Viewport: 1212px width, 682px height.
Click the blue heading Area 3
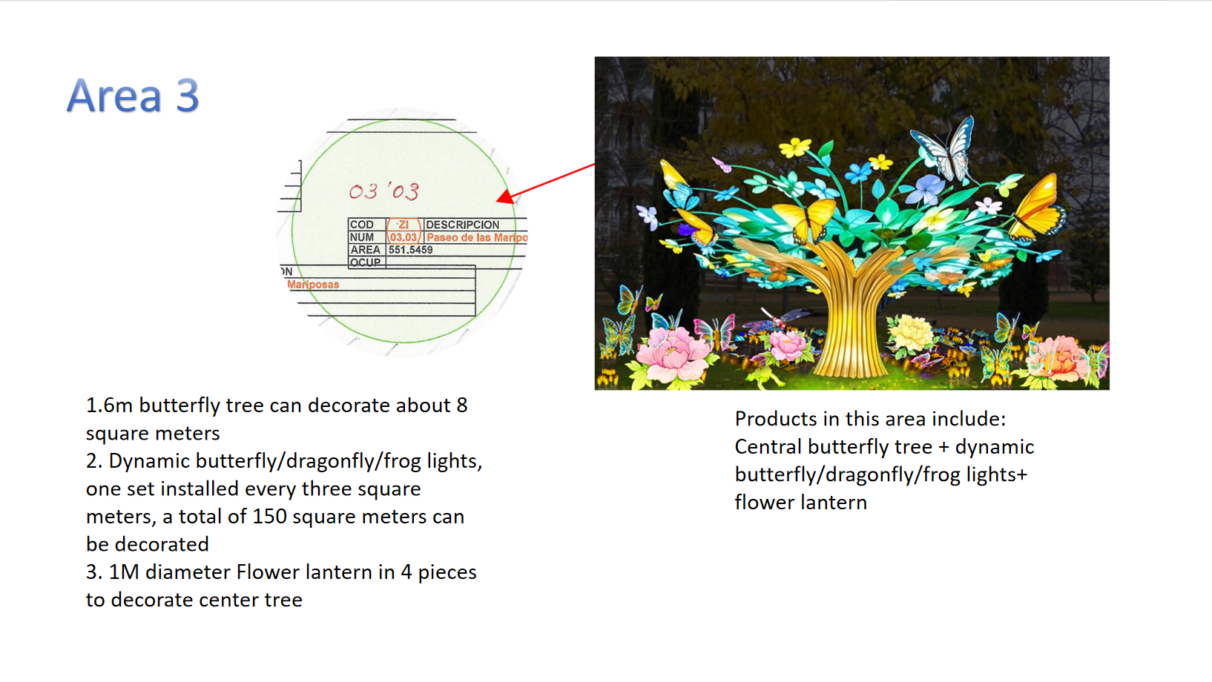pos(134,96)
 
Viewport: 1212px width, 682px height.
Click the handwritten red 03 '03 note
pos(384,192)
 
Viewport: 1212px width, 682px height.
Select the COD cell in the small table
pos(362,225)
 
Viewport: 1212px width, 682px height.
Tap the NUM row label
pos(362,237)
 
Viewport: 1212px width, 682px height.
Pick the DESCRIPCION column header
pos(462,225)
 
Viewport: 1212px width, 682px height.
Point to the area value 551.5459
pos(410,250)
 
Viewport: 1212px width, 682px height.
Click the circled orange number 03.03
pos(404,237)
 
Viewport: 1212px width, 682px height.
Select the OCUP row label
pos(365,262)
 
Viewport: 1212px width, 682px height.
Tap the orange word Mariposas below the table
pos(313,285)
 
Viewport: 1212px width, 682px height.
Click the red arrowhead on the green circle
pos(505,196)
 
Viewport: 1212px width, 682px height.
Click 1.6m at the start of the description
pos(109,405)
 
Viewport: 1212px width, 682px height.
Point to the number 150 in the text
pos(269,517)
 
